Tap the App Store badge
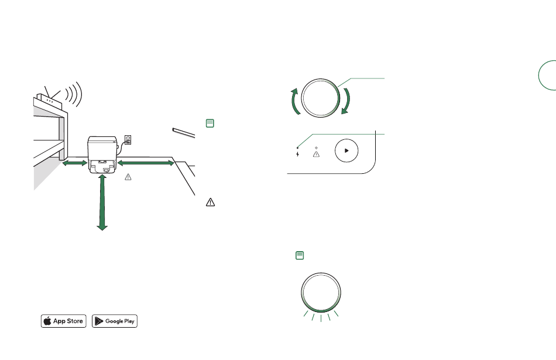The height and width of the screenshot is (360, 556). tap(63, 321)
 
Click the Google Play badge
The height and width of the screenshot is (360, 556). tap(115, 321)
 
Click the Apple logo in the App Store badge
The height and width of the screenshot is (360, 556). tap(47, 321)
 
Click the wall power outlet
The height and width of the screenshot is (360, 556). tap(128, 140)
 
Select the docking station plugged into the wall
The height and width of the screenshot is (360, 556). tap(102, 155)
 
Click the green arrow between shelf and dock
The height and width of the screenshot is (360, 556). tap(75, 163)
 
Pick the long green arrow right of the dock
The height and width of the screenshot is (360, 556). tap(146, 163)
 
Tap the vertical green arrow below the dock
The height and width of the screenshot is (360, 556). tap(102, 203)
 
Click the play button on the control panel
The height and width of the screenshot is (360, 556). tap(346, 151)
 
